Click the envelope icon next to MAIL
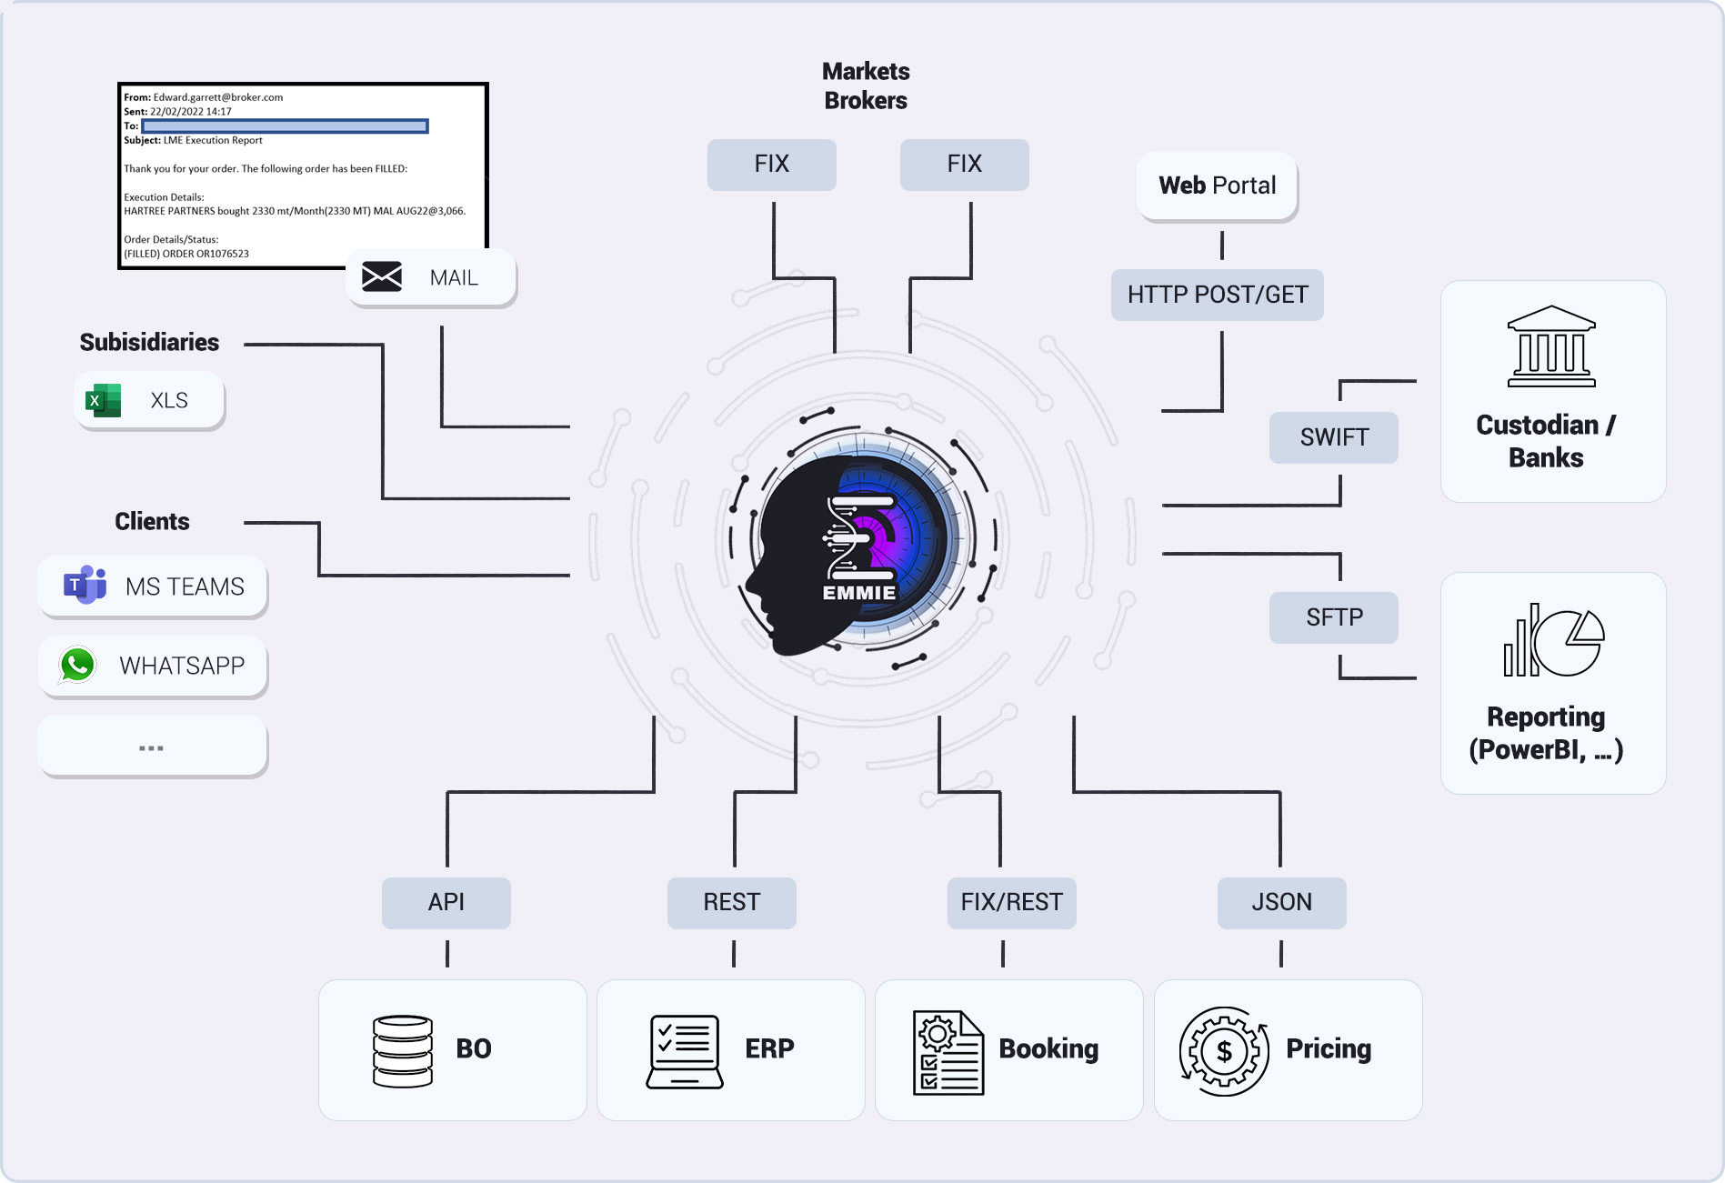382,276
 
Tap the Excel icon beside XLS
103,400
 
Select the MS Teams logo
85,585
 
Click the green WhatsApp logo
77,665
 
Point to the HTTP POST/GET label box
1217,295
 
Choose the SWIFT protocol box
1333,437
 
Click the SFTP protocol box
1333,617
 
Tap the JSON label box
1281,902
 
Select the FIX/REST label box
1011,902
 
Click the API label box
446,902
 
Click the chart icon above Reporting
1553,640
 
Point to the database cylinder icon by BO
403,1051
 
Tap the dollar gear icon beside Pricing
1224,1051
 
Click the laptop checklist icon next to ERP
685,1051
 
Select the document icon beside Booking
948,1052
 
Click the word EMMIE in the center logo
858,593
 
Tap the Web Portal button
1217,185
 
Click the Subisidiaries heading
149,342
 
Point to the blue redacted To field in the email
285,126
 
